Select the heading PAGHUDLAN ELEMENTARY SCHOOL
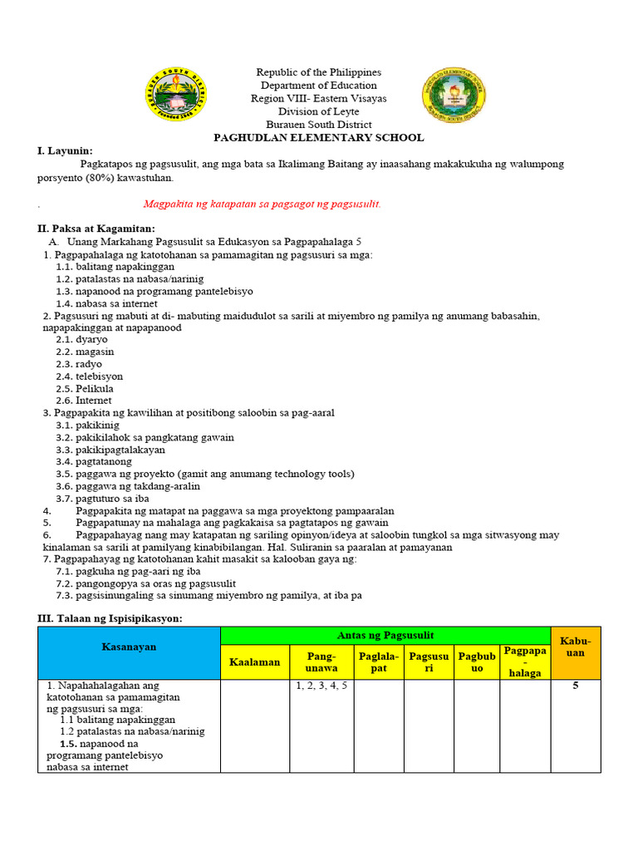point(318,138)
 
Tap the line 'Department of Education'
point(318,86)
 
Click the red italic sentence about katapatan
point(262,204)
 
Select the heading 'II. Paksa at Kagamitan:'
point(96,229)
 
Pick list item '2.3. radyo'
point(79,364)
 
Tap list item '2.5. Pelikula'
point(85,388)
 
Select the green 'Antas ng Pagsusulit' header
point(385,636)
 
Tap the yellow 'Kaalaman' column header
point(254,662)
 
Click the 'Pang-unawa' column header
point(321,662)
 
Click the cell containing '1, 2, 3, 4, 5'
point(321,686)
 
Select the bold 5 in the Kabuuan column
point(575,686)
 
